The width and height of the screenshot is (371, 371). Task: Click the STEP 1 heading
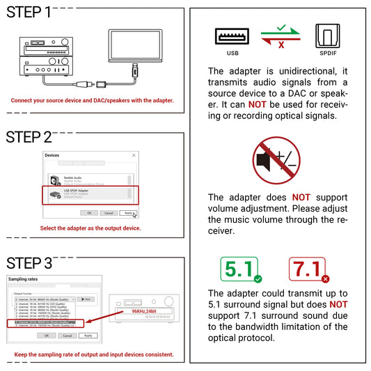29,13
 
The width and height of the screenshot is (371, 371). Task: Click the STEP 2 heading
29,137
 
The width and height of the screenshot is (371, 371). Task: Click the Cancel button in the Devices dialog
109,212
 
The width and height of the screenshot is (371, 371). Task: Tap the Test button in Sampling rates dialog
86,299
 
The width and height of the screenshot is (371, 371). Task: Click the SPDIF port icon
329,35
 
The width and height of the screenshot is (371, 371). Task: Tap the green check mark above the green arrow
281,27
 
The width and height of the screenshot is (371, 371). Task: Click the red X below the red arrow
281,45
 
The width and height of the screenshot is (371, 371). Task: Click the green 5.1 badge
238,269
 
